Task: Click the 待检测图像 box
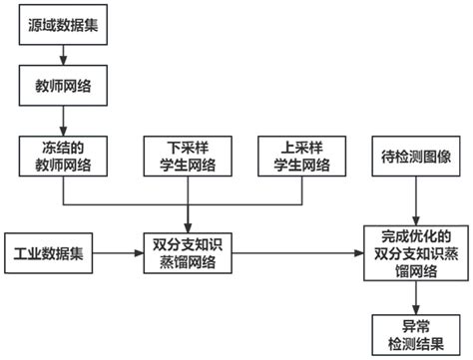pyautogui.click(x=414, y=157)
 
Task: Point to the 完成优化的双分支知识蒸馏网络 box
pyautogui.click(x=414, y=252)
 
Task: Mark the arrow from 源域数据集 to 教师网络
pyautogui.click(x=62, y=52)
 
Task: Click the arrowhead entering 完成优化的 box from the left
pyautogui.click(x=357, y=252)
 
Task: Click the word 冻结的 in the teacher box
pyautogui.click(x=62, y=147)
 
